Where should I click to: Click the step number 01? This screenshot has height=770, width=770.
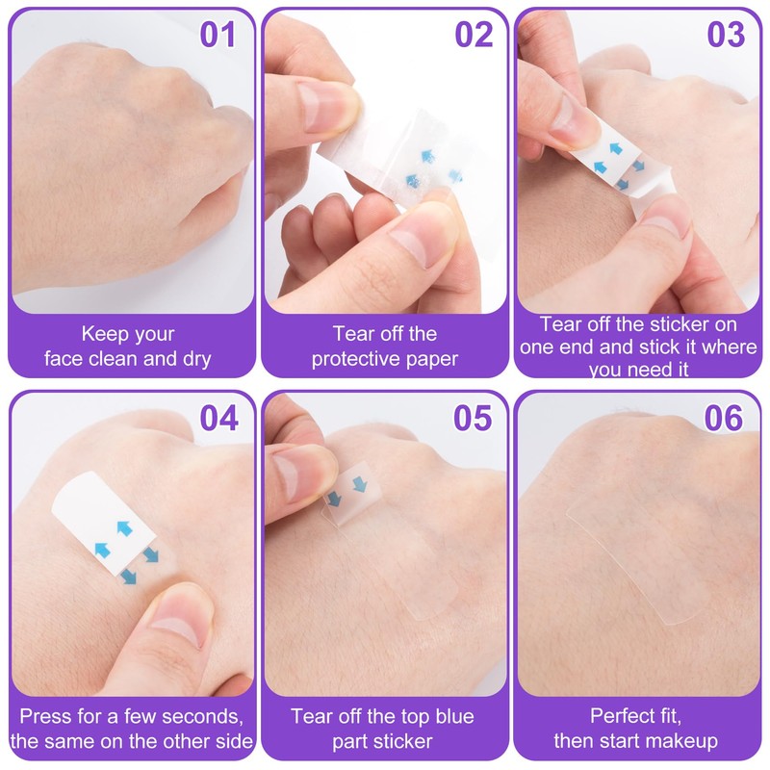point(218,35)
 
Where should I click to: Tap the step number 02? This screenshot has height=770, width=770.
point(474,35)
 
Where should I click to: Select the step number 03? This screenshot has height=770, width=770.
point(726,35)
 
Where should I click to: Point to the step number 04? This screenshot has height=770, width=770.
point(219,418)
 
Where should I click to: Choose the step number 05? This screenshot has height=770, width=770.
point(473,418)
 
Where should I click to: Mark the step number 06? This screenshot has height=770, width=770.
point(724,418)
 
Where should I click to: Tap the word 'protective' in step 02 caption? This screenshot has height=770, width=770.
point(351,359)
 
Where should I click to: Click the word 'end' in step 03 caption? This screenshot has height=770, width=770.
point(577,347)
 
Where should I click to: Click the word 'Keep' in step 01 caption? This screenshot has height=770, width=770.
point(101,334)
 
